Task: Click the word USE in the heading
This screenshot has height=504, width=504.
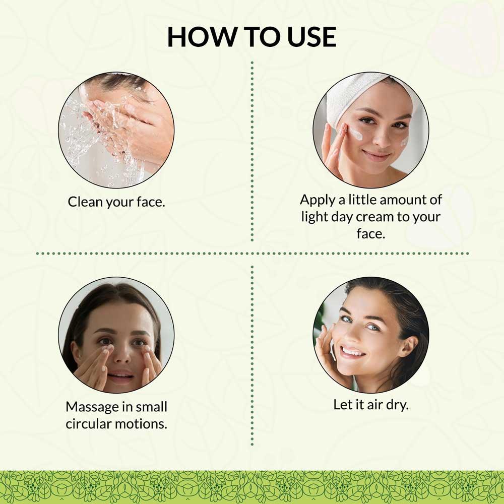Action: [x=311, y=37]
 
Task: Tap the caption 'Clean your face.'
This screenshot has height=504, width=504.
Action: [x=116, y=202]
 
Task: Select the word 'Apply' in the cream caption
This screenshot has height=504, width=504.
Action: [x=318, y=200]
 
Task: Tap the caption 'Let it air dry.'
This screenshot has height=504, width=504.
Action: [x=371, y=405]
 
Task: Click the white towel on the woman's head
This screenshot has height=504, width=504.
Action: [x=357, y=92]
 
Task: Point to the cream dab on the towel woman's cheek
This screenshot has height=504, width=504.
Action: [x=356, y=134]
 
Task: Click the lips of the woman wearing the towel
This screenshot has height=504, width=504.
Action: [x=376, y=155]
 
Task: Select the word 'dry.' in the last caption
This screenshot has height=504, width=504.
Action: [x=397, y=405]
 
